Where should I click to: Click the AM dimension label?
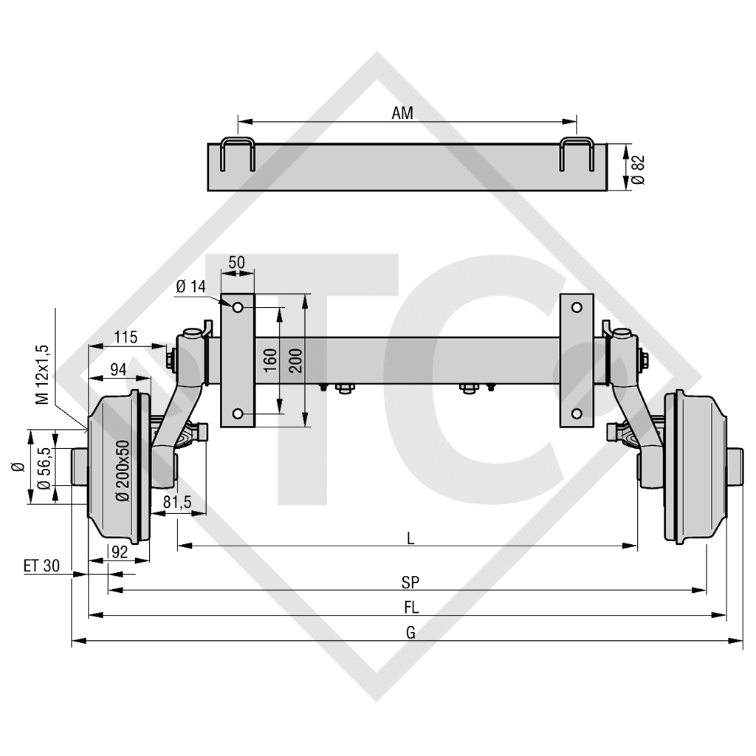(x=402, y=113)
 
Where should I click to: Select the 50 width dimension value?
(x=237, y=262)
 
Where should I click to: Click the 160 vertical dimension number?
(x=270, y=360)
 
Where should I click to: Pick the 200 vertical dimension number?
(x=295, y=360)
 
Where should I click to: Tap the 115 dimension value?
(x=126, y=337)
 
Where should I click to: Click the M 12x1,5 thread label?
(x=43, y=374)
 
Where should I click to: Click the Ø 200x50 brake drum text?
(x=123, y=470)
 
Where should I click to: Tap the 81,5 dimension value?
(x=177, y=502)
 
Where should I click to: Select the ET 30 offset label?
(x=41, y=566)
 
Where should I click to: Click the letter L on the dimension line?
(x=410, y=538)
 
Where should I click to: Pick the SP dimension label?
(x=410, y=583)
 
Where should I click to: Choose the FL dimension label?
(x=410, y=608)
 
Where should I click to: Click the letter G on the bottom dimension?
(x=410, y=633)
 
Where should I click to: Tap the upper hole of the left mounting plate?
(x=238, y=306)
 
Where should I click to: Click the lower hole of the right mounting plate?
(x=577, y=413)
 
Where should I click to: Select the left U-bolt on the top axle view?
(x=238, y=154)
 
